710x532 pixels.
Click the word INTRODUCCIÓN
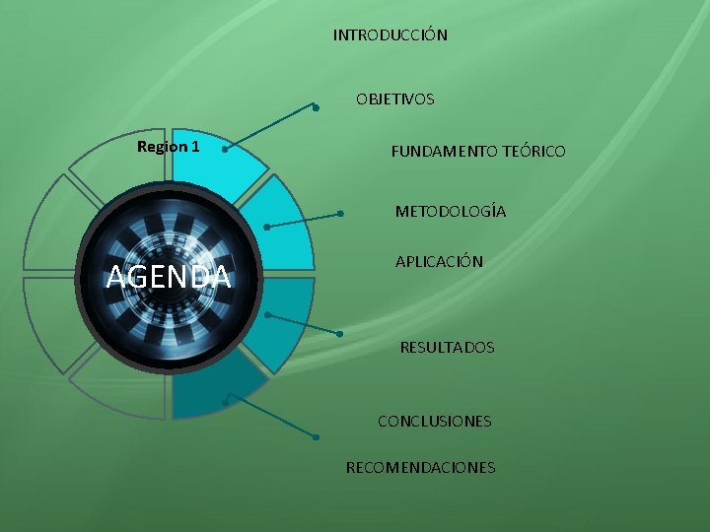(390, 35)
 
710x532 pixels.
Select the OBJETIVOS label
(394, 99)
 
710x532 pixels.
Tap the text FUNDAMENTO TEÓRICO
(478, 152)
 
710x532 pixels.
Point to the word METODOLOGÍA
(451, 212)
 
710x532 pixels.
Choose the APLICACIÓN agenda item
(439, 262)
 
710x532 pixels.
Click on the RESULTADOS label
(447, 348)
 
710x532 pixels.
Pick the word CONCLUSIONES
(434, 422)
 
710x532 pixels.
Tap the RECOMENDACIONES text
(420, 467)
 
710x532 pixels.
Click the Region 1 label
(168, 147)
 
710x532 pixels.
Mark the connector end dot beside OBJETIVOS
(315, 107)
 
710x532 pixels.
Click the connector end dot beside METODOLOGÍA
(339, 213)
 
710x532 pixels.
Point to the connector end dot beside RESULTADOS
(339, 335)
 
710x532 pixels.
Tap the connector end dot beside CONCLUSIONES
(316, 436)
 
